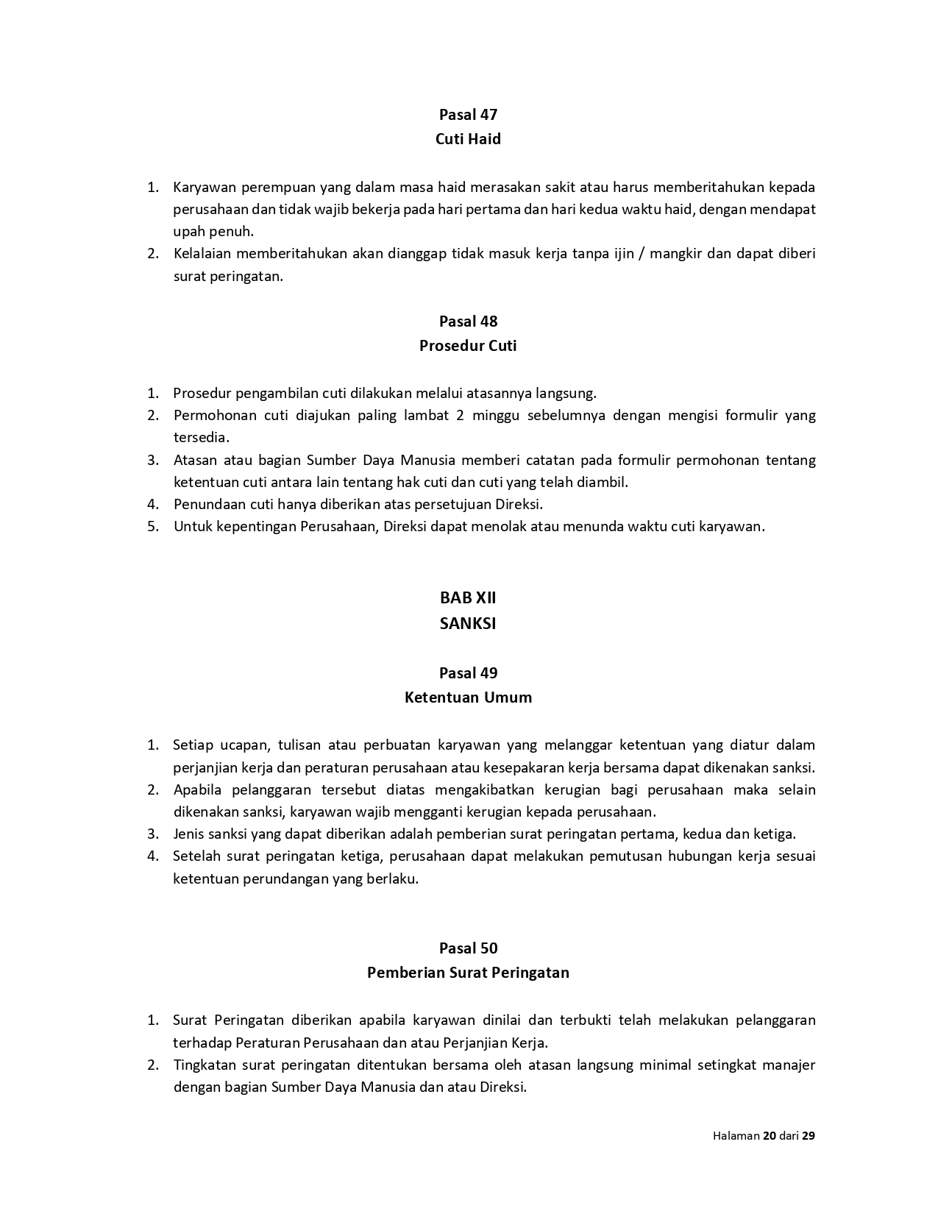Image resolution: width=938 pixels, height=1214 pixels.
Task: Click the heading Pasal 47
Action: pos(468,114)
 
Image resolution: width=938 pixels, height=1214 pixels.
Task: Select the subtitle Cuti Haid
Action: pos(468,139)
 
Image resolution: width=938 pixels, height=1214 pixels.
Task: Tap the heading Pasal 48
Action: pos(468,321)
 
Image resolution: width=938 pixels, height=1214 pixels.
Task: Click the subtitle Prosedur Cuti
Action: pos(468,346)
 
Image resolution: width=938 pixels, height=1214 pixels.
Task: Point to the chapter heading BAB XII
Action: pos(468,598)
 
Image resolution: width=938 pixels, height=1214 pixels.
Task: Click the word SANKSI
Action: pos(468,623)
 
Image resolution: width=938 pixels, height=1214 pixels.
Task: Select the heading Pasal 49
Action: pos(468,672)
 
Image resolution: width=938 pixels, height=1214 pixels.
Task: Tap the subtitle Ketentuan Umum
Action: pos(468,697)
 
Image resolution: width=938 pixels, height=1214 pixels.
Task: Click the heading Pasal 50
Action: pos(468,948)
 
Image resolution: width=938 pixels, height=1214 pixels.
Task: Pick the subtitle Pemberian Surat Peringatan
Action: pos(468,973)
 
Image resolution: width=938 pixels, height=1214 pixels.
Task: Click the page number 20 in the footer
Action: pos(770,1135)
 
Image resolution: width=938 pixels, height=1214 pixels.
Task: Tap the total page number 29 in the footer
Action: pos(809,1135)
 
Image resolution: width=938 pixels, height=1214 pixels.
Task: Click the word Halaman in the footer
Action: pos(736,1135)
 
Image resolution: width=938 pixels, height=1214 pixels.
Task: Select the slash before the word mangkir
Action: pos(641,254)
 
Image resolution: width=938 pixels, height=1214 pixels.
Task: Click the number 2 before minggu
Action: pos(460,415)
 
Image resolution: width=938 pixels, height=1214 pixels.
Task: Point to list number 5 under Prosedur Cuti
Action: pos(152,527)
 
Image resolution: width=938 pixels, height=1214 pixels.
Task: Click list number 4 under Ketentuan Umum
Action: pos(152,856)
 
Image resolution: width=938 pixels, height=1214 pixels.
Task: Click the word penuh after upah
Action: pos(235,232)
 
